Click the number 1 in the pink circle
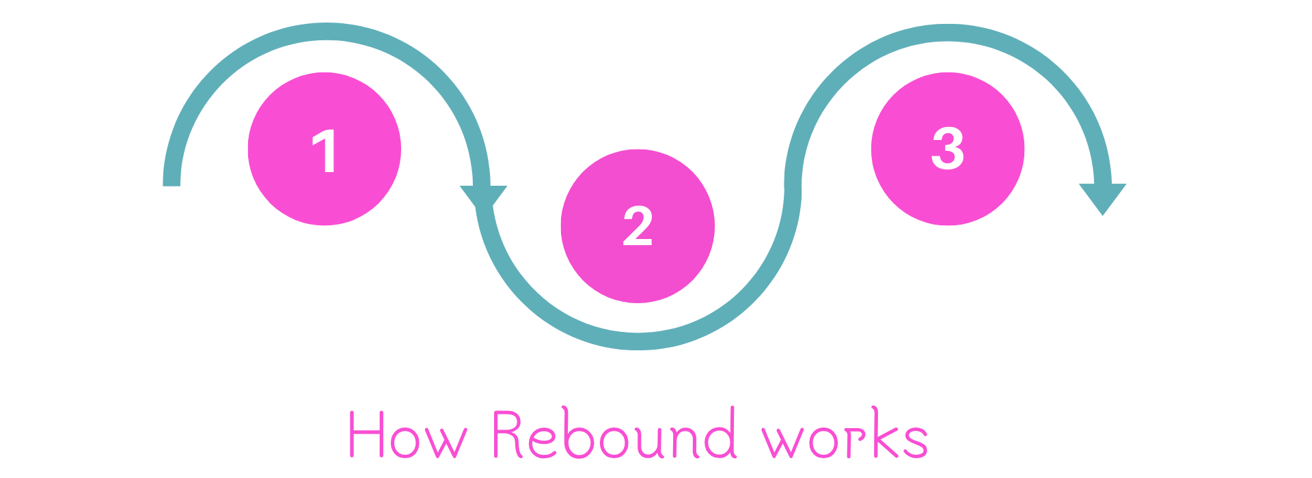pos(325,151)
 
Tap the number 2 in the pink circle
pos(638,226)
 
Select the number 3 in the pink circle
pos(948,148)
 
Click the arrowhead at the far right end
pos(1102,197)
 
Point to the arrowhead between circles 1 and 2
pos(483,197)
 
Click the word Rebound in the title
pos(614,435)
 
